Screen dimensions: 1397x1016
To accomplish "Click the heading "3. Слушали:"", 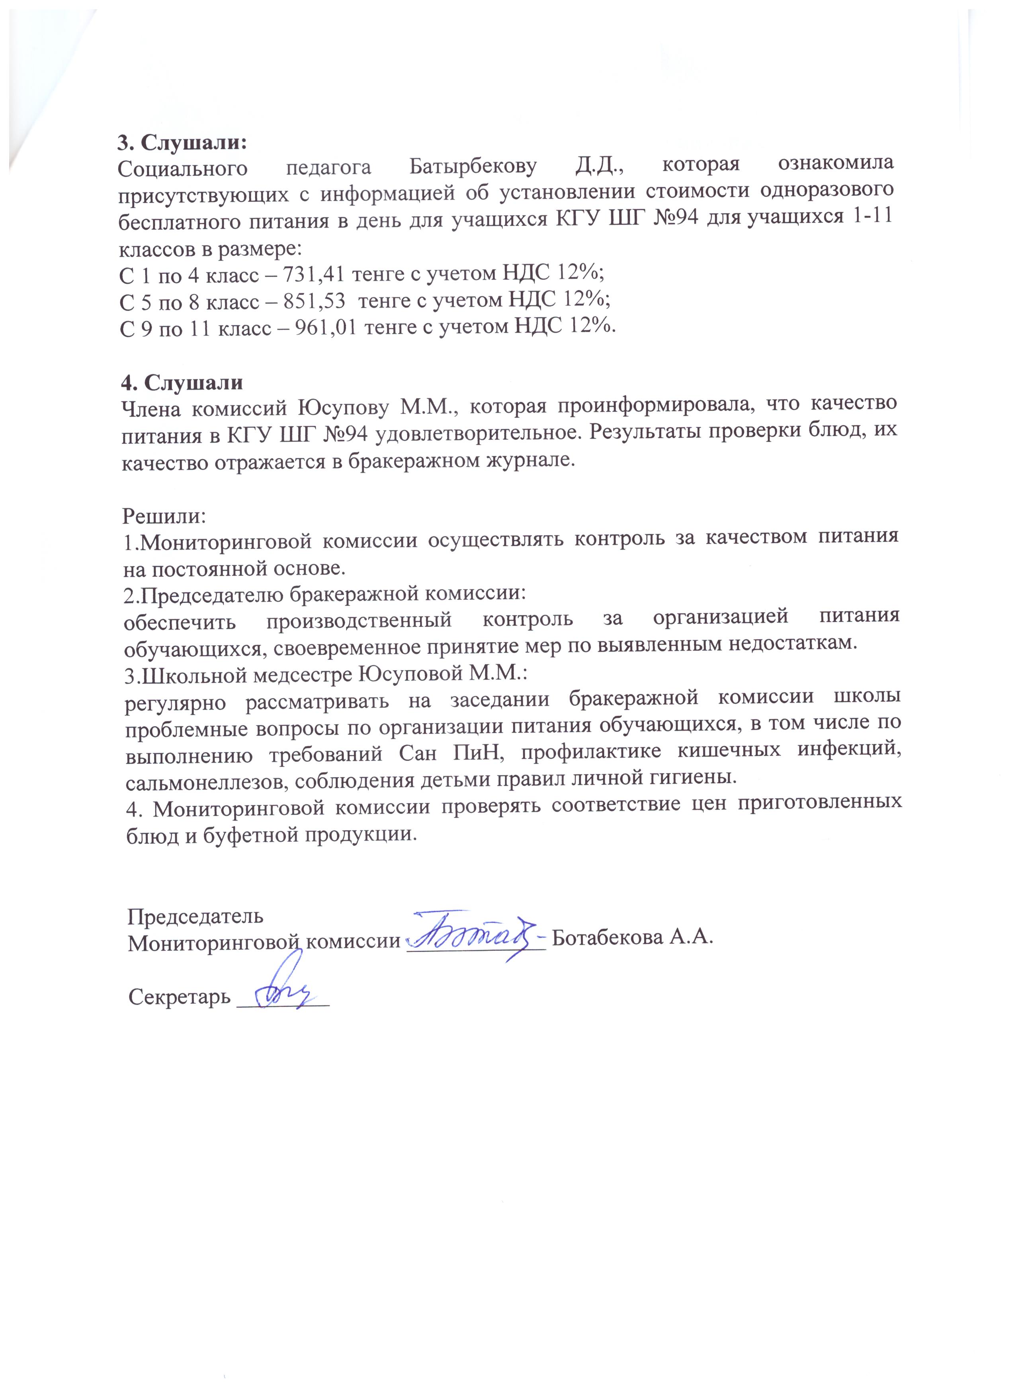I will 182,142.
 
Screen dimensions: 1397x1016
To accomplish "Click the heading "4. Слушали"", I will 182,382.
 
